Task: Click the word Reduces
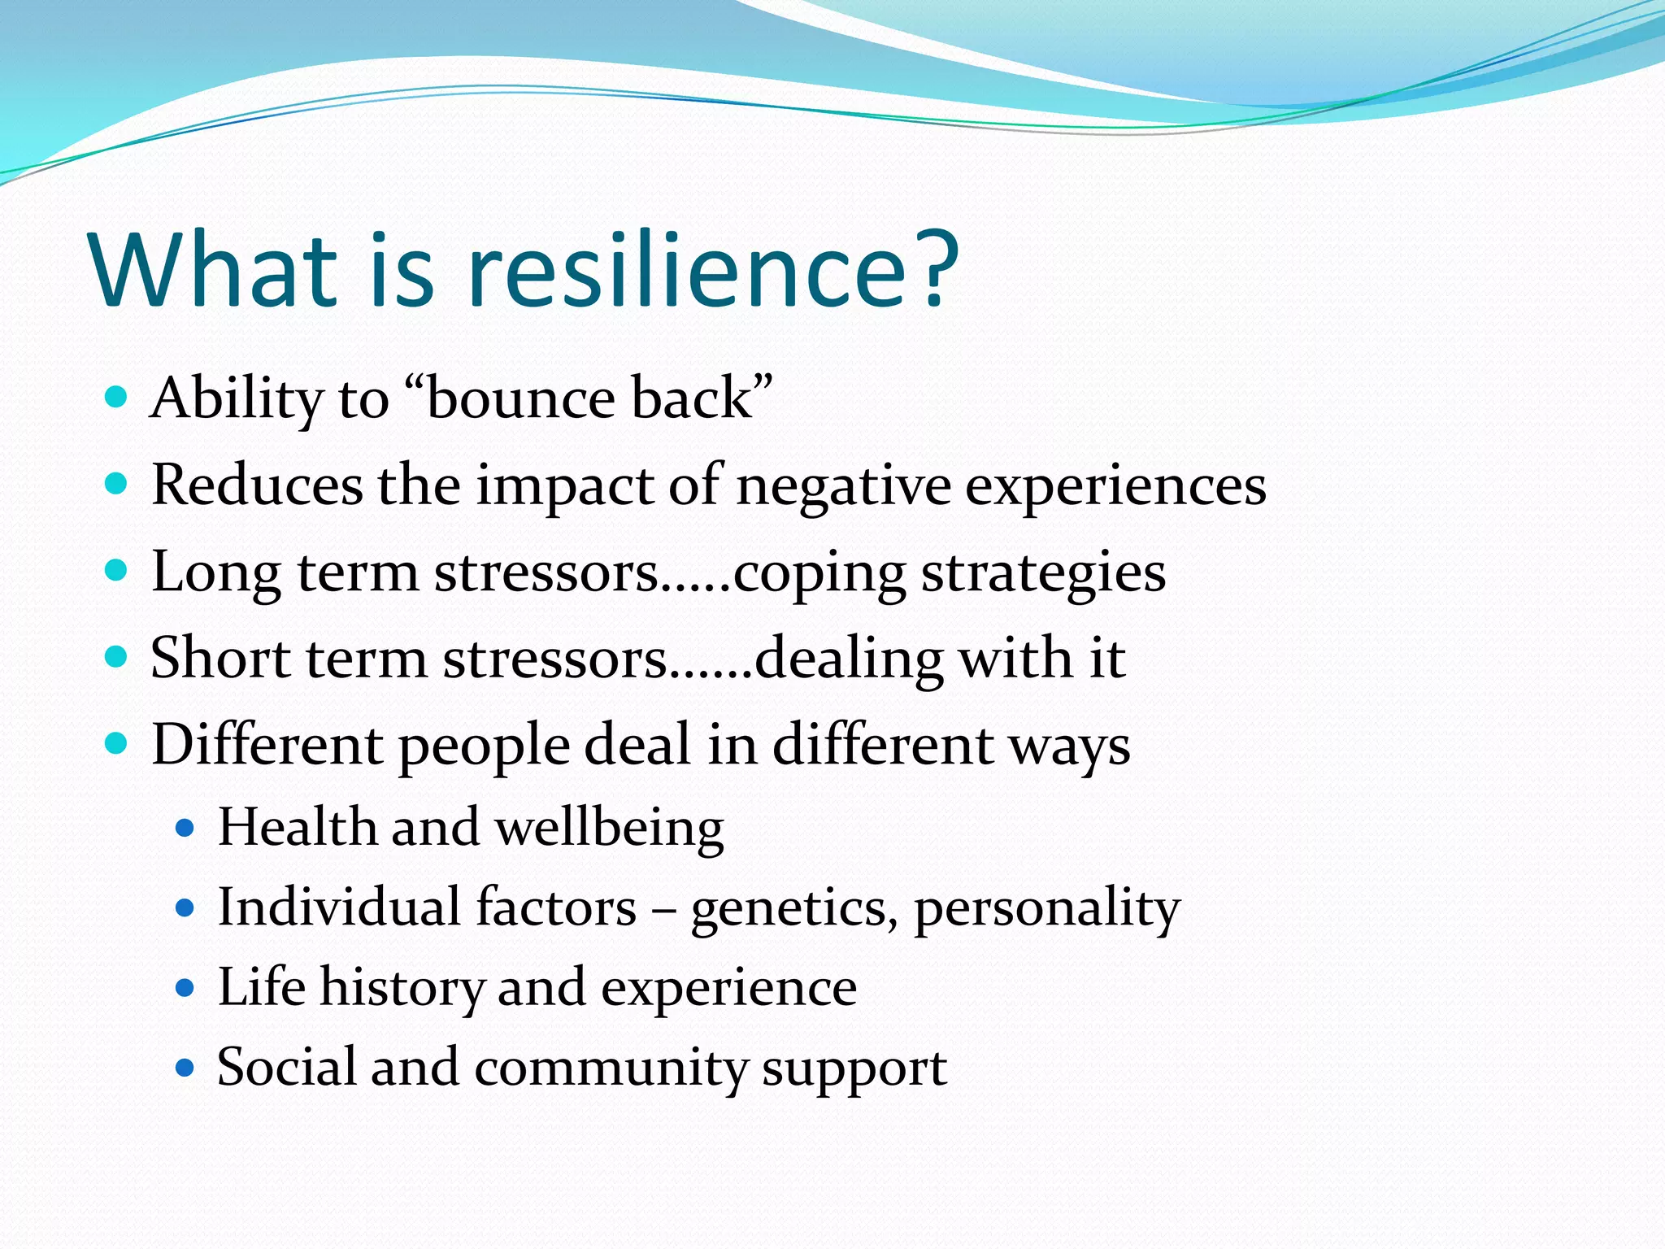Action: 257,485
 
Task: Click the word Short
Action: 220,658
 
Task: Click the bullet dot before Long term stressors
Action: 117,571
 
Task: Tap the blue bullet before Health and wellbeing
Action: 185,829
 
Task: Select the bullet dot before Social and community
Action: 185,1068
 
